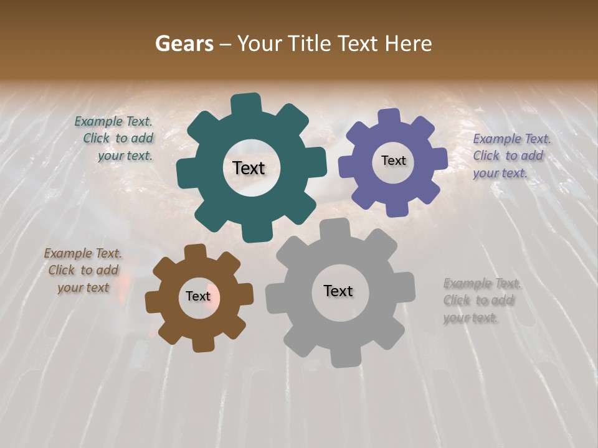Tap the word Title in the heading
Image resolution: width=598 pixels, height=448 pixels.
pos(312,44)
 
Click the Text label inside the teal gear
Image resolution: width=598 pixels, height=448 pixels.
pos(249,168)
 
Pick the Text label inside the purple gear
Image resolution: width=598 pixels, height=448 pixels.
pos(393,161)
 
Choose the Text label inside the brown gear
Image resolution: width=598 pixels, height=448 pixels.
pos(198,297)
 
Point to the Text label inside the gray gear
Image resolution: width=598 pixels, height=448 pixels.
pos(338,291)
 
